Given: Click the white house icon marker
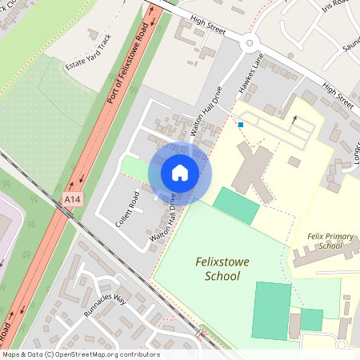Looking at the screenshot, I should coord(180,173).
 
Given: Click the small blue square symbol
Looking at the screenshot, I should coord(240,124).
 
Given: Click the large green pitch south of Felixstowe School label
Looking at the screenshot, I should coord(271,310).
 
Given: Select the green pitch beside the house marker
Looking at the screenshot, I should coord(236,206).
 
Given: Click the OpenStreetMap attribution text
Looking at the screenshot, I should coord(80,354).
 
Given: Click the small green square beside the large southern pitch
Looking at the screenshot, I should coord(311,320).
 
